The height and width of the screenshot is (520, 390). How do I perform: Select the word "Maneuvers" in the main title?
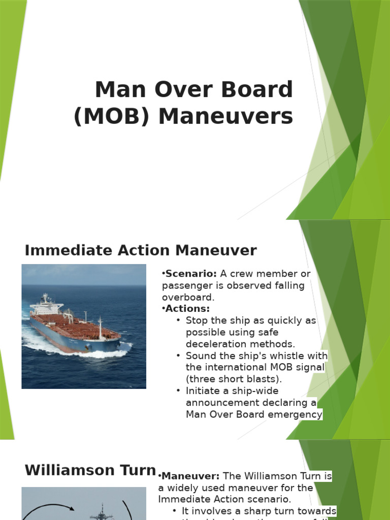[x=225, y=117]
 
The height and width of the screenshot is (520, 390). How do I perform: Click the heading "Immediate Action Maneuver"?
[x=141, y=250]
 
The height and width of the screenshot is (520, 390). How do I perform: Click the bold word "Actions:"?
[x=187, y=309]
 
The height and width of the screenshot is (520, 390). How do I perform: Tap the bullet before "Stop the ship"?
[x=178, y=320]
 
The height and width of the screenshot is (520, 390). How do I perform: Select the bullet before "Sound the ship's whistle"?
[x=178, y=355]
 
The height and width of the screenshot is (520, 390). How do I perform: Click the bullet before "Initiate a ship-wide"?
[x=178, y=391]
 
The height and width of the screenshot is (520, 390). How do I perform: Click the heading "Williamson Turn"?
[x=90, y=470]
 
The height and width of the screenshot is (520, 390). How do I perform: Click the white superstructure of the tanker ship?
[x=46, y=305]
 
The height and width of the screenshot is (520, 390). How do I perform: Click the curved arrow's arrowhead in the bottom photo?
[x=72, y=508]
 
